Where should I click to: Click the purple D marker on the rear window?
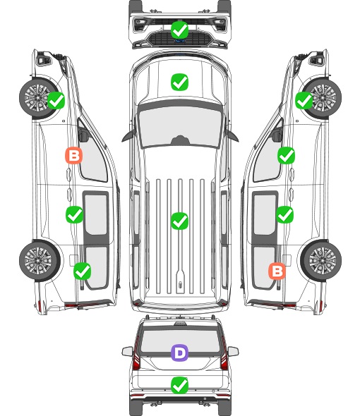coord(179,353)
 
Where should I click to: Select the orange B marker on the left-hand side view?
coord(73,155)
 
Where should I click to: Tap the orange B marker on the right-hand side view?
coord(277,271)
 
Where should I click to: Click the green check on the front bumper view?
coord(179,30)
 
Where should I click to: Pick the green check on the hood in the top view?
coord(179,82)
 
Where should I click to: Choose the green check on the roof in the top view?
coord(179,221)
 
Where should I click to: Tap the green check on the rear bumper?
coord(179,386)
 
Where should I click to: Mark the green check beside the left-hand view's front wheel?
coord(56,100)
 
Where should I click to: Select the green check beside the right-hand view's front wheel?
coord(304,100)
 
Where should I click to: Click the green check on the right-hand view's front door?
coord(286,155)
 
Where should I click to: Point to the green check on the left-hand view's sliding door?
coord(74,214)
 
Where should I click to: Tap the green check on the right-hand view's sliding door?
coord(284,214)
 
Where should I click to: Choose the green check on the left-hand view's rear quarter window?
coord(82,271)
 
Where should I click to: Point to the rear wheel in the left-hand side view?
coord(40,260)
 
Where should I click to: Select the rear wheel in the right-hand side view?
coord(321,260)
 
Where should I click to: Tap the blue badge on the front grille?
coord(180,41)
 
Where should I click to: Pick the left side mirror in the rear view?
coord(127,352)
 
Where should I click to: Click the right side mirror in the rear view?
coord(233,352)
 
